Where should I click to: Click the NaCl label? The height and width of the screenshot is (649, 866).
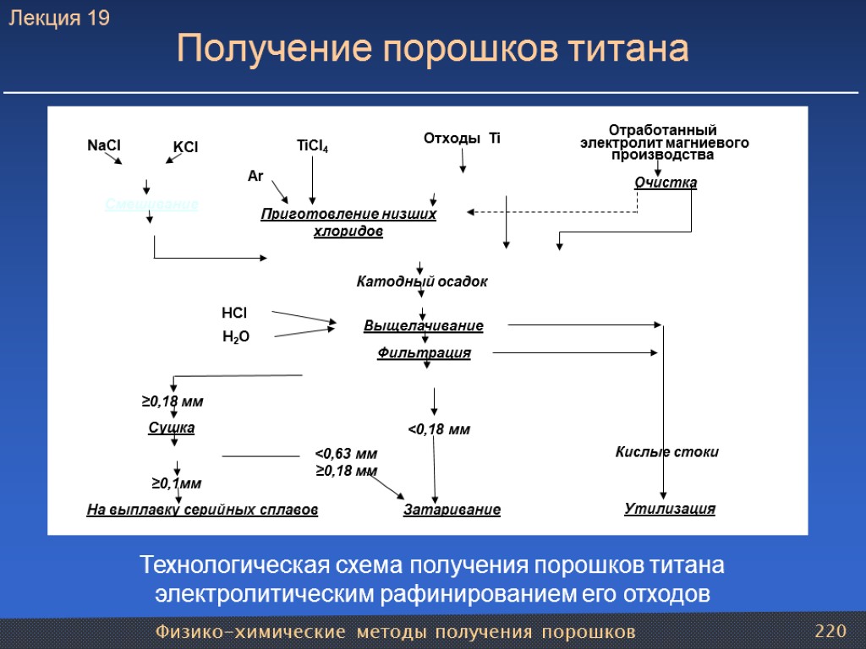click(x=104, y=145)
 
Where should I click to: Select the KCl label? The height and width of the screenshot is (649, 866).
click(x=185, y=147)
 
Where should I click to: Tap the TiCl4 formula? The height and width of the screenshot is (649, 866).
click(x=312, y=146)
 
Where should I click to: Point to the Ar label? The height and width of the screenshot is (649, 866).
click(x=255, y=176)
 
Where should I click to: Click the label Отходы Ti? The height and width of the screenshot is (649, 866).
click(x=461, y=138)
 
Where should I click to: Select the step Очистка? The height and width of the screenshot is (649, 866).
click(x=666, y=183)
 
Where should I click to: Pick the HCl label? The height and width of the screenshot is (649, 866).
click(x=234, y=314)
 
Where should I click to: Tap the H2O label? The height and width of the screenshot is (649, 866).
click(x=236, y=337)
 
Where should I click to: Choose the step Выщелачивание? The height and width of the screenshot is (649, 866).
click(x=423, y=325)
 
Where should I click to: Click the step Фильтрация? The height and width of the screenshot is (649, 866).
click(x=423, y=353)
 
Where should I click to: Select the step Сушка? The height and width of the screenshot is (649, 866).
click(x=172, y=428)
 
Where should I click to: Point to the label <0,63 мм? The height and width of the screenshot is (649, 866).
click(x=346, y=454)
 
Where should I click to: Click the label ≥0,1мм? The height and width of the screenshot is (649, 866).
click(x=177, y=483)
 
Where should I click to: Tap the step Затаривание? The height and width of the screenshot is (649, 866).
click(x=452, y=510)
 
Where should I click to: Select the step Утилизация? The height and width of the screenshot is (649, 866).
click(x=670, y=509)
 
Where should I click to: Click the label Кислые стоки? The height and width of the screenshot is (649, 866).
click(x=666, y=452)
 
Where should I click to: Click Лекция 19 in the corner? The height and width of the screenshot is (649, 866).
click(x=59, y=19)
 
